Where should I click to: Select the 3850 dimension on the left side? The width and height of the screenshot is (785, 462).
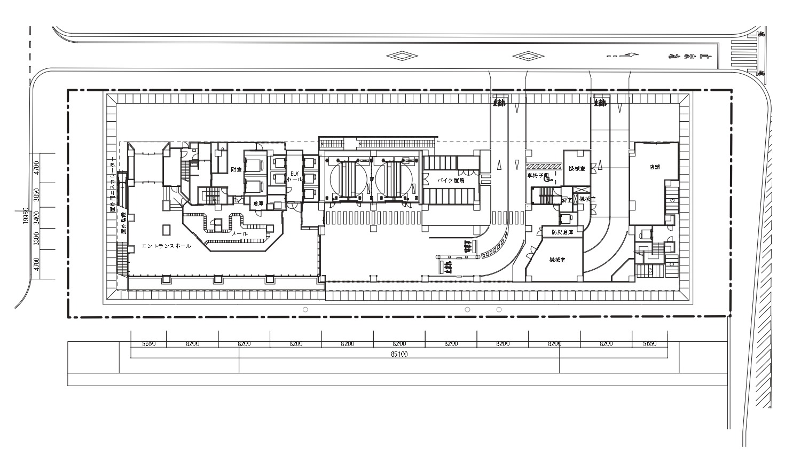[x=37, y=195]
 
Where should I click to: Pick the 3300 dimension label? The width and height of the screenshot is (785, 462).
[x=37, y=239]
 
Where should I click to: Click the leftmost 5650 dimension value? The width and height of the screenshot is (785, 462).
[x=148, y=344]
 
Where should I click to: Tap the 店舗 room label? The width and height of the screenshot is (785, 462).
[x=654, y=167]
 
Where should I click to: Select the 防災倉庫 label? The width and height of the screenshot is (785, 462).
[x=562, y=232]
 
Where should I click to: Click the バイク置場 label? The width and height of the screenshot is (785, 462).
[x=451, y=181]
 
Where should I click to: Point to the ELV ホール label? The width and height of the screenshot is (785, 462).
[x=294, y=176]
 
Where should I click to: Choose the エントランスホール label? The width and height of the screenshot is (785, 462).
[x=166, y=246]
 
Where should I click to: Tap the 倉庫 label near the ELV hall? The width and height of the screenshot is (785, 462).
[x=258, y=203]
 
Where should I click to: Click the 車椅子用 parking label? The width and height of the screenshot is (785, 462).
[x=538, y=175]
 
